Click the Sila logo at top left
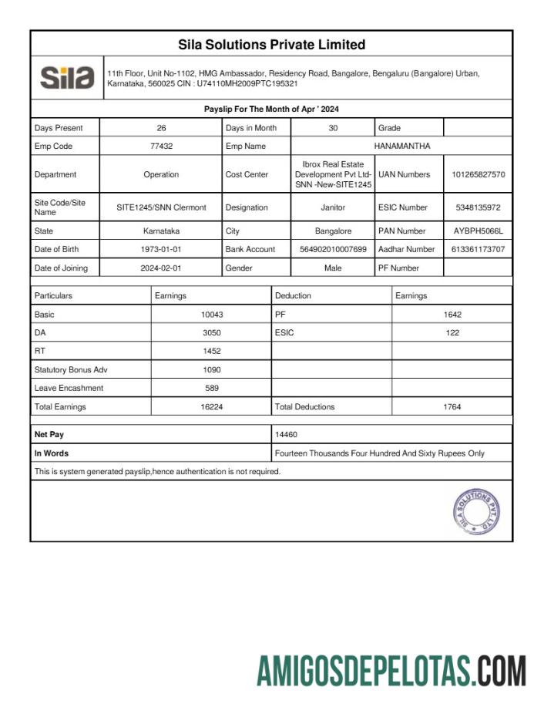pyautogui.click(x=67, y=78)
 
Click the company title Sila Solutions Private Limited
pyautogui.click(x=271, y=45)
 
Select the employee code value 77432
pyautogui.click(x=161, y=146)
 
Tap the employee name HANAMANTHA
pyautogui.click(x=402, y=146)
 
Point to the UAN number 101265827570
pyautogui.click(x=479, y=175)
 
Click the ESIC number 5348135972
pyautogui.click(x=479, y=207)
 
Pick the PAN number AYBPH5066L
pyautogui.click(x=479, y=231)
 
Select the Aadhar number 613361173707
pyautogui.click(x=479, y=249)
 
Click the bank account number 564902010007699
pyautogui.click(x=333, y=249)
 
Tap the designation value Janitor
pyautogui.click(x=333, y=207)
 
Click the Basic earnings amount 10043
pyautogui.click(x=211, y=315)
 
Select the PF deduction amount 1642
pyautogui.click(x=452, y=315)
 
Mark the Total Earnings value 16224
pyautogui.click(x=211, y=406)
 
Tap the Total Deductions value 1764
pyautogui.click(x=452, y=406)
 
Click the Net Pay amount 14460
pyautogui.click(x=286, y=435)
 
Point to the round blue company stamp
pyautogui.click(x=475, y=510)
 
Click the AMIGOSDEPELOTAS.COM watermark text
pyautogui.click(x=391, y=671)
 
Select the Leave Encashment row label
pyautogui.click(x=69, y=388)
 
